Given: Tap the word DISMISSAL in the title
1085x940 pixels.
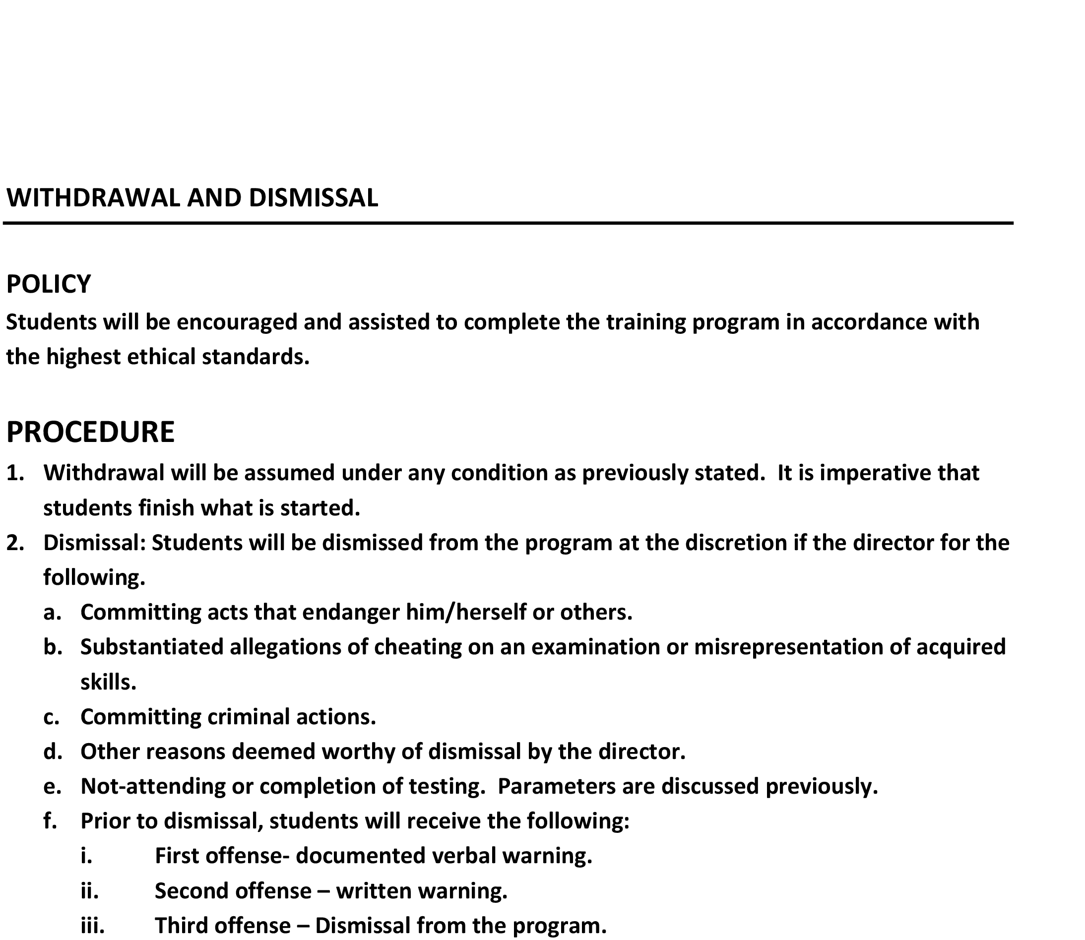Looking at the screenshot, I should [x=313, y=198].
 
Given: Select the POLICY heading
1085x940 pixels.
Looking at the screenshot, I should [x=48, y=284].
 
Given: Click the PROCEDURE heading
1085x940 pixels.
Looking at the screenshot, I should [x=90, y=432].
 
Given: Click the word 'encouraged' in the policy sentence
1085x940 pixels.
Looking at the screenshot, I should [x=237, y=322].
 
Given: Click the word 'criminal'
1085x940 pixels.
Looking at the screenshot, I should [x=249, y=717].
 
